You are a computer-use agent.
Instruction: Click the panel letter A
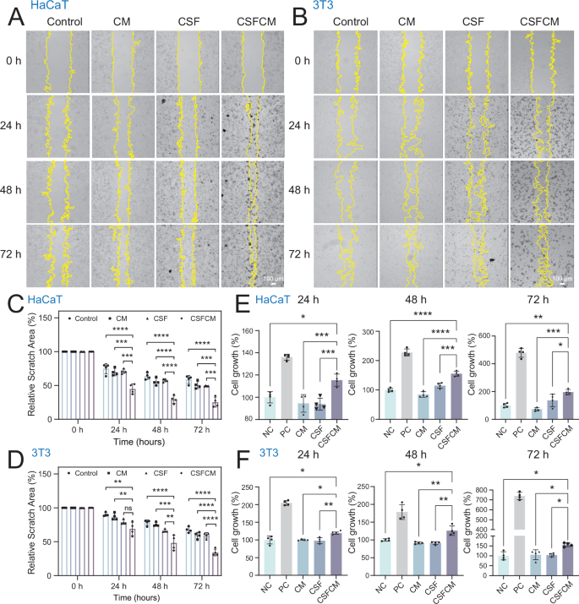(x=14, y=14)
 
